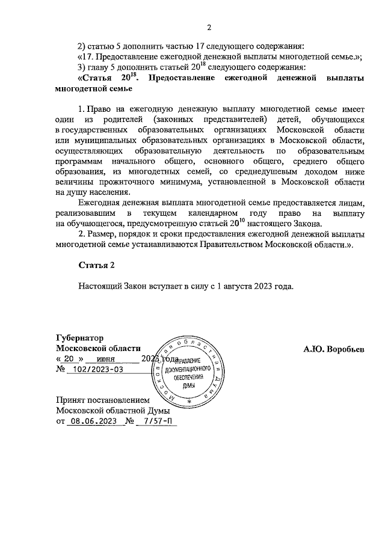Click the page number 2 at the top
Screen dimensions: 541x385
[x=208, y=27]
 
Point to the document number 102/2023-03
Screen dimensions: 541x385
[x=95, y=370]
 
